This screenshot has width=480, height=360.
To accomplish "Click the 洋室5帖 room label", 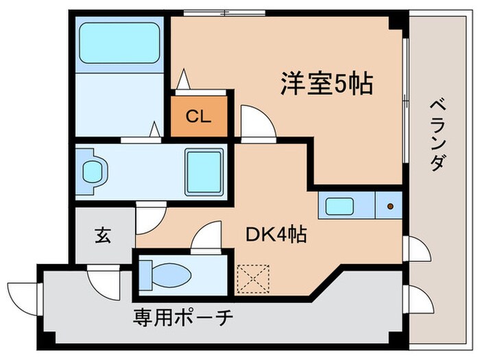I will click(x=326, y=84).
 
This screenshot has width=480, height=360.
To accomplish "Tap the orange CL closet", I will click(x=198, y=117).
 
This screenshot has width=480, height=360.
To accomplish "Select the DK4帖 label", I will click(x=276, y=235).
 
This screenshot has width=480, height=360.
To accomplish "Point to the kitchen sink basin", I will click(x=340, y=206).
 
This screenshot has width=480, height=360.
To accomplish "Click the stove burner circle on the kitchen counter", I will click(x=391, y=206).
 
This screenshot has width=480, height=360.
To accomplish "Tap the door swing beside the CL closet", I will click(x=257, y=123).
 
